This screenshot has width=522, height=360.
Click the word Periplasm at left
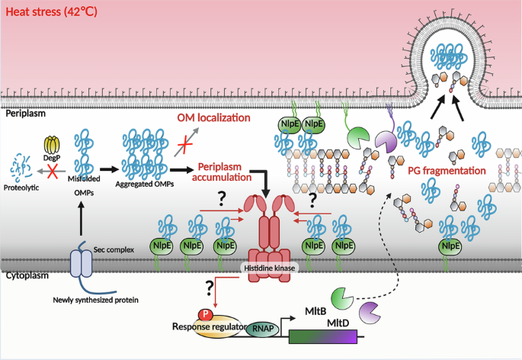point(27,112)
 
